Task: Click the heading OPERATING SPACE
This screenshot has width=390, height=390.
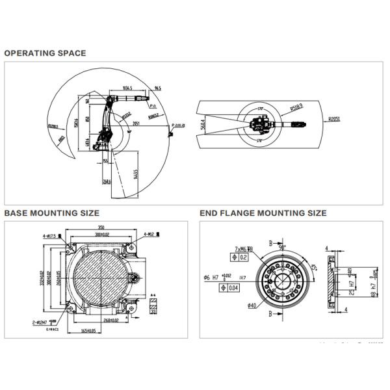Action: click(45, 53)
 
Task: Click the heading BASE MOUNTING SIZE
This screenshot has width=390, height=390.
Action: click(51, 213)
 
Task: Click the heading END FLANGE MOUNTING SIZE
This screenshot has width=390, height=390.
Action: click(263, 213)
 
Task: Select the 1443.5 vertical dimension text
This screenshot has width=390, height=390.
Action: click(135, 175)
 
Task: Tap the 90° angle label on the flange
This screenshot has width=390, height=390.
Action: click(282, 248)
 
